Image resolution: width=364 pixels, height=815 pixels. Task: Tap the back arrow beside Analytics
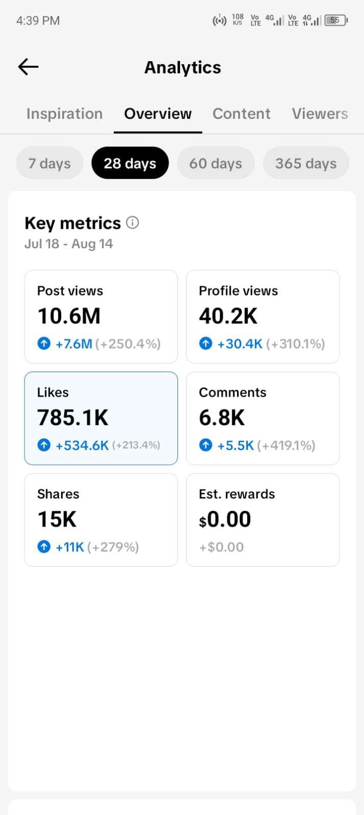[x=29, y=67]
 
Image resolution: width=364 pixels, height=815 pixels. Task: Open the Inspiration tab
[x=64, y=114]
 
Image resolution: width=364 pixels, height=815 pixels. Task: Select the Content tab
[x=241, y=114]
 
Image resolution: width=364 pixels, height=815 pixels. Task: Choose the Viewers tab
[x=320, y=114]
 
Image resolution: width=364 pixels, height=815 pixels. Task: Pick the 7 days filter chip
[x=50, y=163]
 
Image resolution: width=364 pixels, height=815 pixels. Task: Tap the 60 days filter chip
[x=216, y=163]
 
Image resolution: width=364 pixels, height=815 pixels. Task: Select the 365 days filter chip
[x=306, y=163]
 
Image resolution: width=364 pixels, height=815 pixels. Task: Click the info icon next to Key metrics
[x=133, y=223]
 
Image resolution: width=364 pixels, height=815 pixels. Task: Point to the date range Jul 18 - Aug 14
[x=69, y=244]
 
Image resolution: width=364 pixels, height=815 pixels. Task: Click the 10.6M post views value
[x=69, y=316]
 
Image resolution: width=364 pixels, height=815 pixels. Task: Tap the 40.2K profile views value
[x=228, y=316]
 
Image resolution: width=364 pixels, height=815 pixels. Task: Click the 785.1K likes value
[x=73, y=417]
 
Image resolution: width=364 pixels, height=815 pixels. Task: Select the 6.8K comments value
[x=222, y=417]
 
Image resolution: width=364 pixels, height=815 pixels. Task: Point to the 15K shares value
[x=57, y=519]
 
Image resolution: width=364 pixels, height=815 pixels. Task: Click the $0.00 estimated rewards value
[x=225, y=519]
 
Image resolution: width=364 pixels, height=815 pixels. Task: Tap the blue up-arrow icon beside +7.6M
[x=44, y=343]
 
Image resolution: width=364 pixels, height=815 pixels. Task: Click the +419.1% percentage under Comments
[x=286, y=445]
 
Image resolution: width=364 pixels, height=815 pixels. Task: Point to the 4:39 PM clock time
[x=38, y=20]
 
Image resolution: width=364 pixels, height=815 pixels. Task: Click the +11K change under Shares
[x=70, y=547]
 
